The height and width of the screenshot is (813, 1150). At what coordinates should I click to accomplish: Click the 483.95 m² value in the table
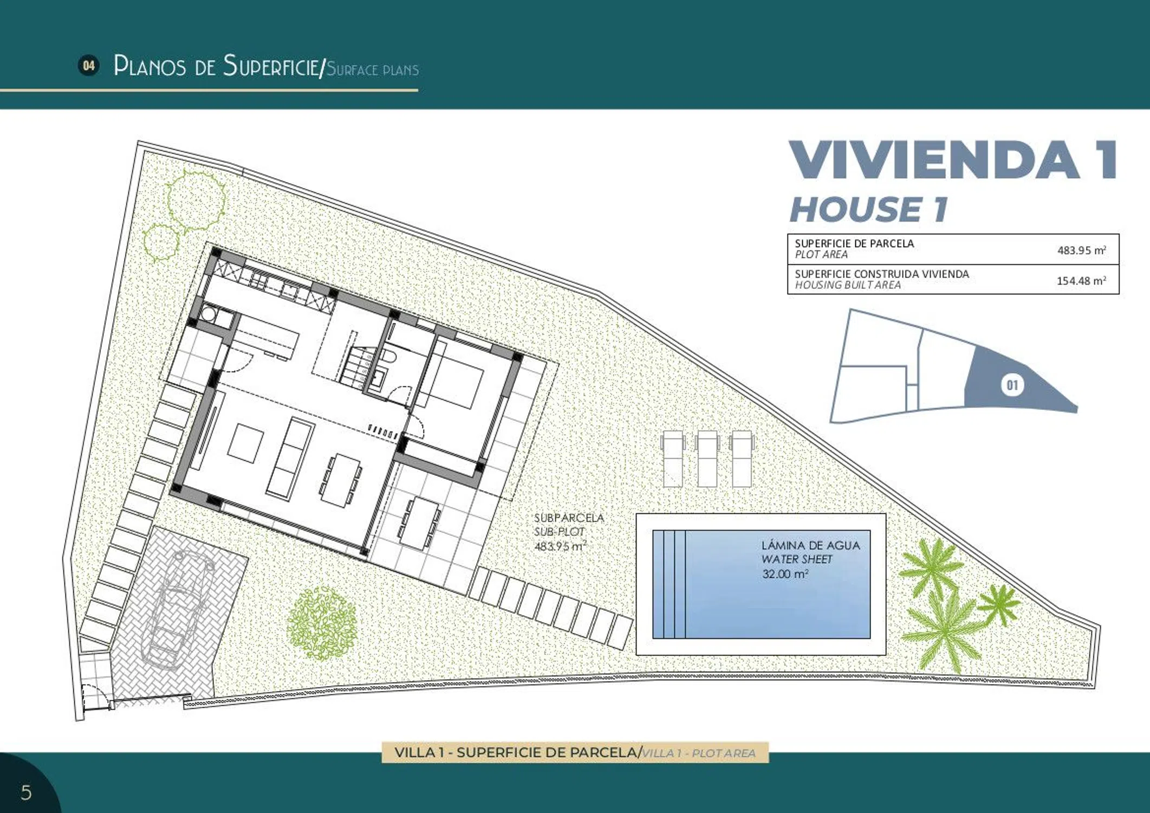pyautogui.click(x=1081, y=250)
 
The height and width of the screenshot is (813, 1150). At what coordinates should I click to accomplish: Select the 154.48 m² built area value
pyautogui.click(x=1081, y=280)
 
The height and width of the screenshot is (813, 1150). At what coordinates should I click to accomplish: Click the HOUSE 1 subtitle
pyautogui.click(x=868, y=209)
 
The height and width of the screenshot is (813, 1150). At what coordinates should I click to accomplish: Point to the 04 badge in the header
pyautogui.click(x=88, y=66)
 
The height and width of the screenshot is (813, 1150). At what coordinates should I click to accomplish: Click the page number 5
pyautogui.click(x=26, y=792)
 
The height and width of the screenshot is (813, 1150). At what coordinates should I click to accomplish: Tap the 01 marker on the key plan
pyautogui.click(x=1012, y=385)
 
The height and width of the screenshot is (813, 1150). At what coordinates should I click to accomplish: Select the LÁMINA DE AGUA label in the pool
pyautogui.click(x=810, y=545)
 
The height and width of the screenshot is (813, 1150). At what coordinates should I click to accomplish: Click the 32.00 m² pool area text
pyautogui.click(x=785, y=574)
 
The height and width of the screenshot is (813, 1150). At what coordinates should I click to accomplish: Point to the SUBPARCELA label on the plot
pyautogui.click(x=569, y=518)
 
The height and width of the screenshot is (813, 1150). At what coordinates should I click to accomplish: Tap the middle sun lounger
pyautogui.click(x=707, y=459)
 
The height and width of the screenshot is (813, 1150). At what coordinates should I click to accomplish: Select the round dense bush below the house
pyautogui.click(x=322, y=624)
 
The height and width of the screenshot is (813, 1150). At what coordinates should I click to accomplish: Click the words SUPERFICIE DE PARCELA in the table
pyautogui.click(x=854, y=244)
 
